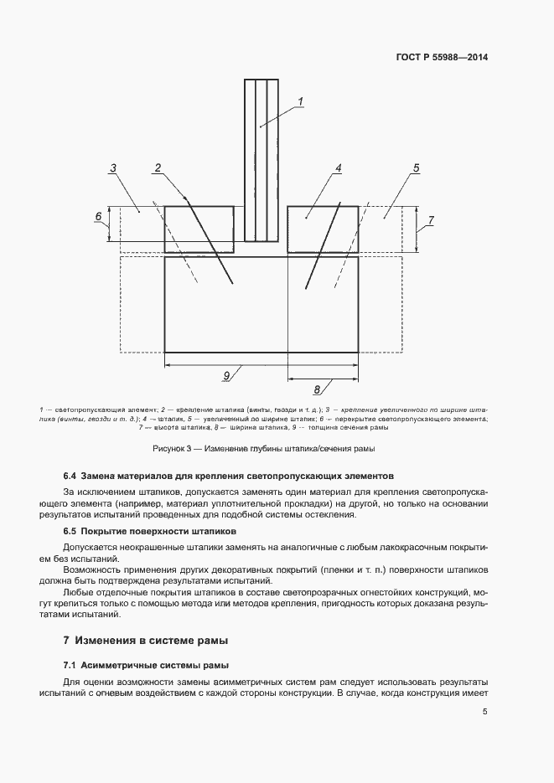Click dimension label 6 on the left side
(x=98, y=217)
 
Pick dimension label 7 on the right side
(x=430, y=221)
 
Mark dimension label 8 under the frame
(x=317, y=389)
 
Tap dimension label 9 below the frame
(x=226, y=376)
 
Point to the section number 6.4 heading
(x=71, y=475)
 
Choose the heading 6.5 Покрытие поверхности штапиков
(x=151, y=532)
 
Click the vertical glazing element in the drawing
(x=261, y=159)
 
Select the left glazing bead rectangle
(x=199, y=229)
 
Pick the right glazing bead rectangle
(x=323, y=229)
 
